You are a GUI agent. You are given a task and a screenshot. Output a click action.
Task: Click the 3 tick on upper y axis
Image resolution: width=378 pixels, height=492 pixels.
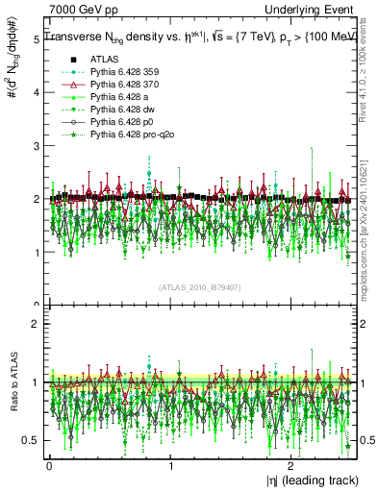(x=36, y=146)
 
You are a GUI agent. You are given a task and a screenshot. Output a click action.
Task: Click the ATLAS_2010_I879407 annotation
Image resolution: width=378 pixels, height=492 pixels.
(x=201, y=285)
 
